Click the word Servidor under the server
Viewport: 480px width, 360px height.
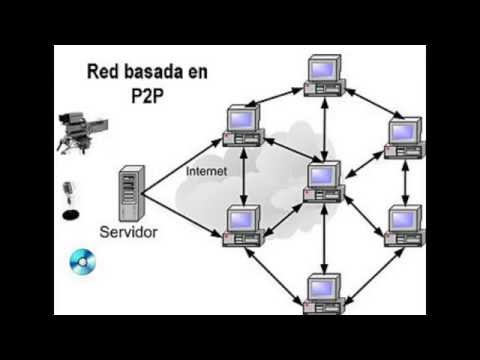(128, 232)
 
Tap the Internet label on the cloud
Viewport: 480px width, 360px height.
(207, 171)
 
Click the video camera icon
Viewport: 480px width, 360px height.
(74, 130)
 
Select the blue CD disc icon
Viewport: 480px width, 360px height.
(81, 262)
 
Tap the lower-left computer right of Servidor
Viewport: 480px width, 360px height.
(243, 224)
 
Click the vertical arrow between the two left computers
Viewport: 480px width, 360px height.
(243, 175)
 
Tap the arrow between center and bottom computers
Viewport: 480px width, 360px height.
(324, 236)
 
